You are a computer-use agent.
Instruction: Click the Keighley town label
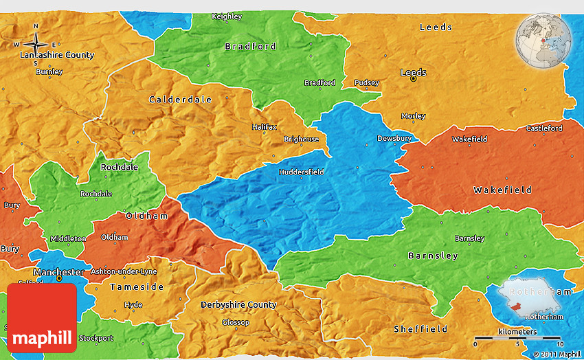click(x=227, y=16)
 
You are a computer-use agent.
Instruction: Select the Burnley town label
click(x=49, y=71)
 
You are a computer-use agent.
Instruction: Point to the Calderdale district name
click(x=181, y=100)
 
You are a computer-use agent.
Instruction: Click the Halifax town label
click(x=264, y=127)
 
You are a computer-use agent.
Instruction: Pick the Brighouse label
click(x=301, y=139)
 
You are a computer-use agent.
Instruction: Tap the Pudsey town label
click(x=366, y=83)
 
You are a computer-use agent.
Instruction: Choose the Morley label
click(x=413, y=116)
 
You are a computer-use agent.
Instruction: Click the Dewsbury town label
click(x=394, y=139)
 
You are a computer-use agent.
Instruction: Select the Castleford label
click(x=544, y=128)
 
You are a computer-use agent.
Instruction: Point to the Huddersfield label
click(x=301, y=172)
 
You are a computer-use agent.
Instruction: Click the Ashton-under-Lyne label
click(x=124, y=271)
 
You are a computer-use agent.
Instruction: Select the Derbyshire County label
click(x=238, y=304)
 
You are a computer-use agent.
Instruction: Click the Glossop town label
click(x=236, y=322)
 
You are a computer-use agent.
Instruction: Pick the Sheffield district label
click(x=420, y=328)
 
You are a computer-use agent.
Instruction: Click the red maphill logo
click(x=42, y=317)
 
